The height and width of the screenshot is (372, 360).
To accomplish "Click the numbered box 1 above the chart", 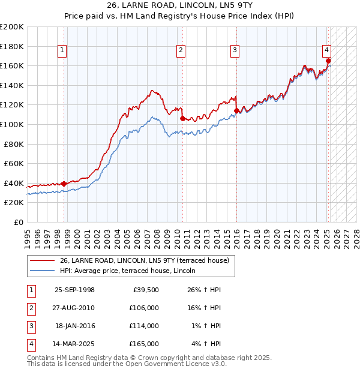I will click(62, 50).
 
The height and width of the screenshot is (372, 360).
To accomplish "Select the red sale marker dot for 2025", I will click(328, 61).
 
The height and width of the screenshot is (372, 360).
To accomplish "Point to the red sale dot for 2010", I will click(182, 119).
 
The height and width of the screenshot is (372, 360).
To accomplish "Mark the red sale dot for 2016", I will click(236, 110).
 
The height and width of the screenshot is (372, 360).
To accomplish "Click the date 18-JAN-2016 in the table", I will click(75, 326).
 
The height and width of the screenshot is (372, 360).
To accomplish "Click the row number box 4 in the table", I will click(31, 344).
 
